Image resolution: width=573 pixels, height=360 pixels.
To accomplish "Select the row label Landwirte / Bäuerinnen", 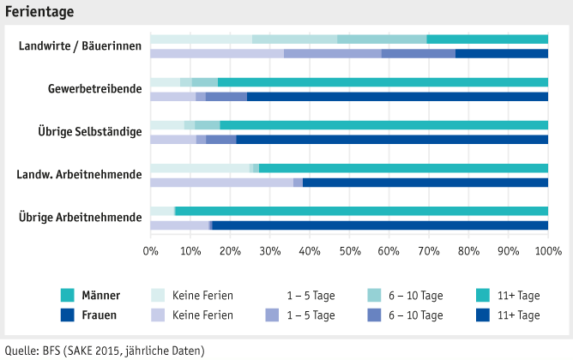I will point(80,45).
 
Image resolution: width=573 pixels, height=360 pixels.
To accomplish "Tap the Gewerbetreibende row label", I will point(94,88).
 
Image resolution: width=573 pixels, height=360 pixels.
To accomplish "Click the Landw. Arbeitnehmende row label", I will point(79,174).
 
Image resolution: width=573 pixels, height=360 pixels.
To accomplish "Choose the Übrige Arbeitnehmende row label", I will point(80,217).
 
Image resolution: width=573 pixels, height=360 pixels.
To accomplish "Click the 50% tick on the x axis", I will point(349,250).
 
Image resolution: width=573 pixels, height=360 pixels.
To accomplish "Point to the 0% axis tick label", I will point(151,250).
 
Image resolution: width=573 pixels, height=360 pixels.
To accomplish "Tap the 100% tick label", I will point(547,250).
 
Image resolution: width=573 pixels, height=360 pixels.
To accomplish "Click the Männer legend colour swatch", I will point(69,295).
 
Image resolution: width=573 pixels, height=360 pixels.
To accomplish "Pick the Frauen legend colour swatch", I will point(69,315).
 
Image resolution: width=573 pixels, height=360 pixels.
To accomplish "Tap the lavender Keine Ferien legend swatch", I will point(160,315).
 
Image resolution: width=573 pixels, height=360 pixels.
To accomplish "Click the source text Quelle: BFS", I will point(106,350).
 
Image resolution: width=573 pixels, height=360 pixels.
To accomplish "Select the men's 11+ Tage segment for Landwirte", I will point(487,39).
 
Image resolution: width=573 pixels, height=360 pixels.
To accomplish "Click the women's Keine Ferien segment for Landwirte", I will point(217,53).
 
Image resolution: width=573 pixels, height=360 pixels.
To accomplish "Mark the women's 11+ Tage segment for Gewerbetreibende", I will point(397,96).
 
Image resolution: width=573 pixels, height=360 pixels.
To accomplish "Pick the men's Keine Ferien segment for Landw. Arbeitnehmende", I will point(200,168).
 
